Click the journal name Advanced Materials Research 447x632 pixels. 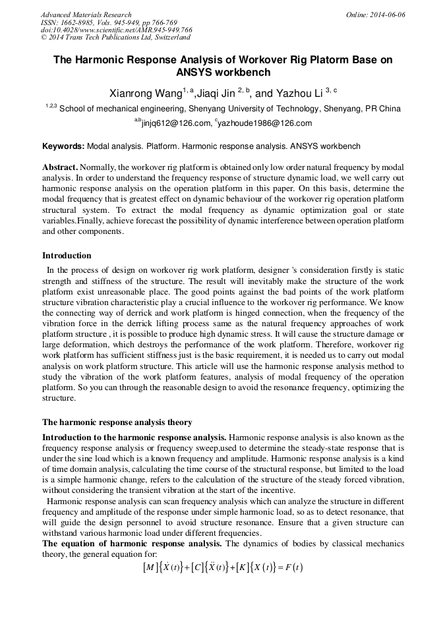(86, 14)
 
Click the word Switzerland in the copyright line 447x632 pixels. (166, 38)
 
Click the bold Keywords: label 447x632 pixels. (63, 146)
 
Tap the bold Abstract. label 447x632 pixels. (61, 168)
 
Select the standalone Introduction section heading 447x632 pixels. (67, 256)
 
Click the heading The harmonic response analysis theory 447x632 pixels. (117, 422)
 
